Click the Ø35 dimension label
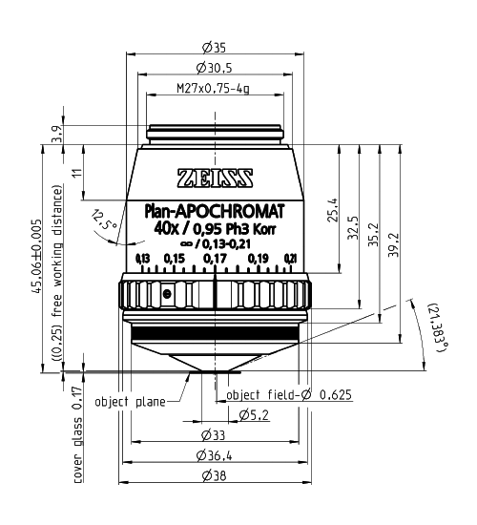[x=214, y=48]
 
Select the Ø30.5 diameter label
[x=214, y=68]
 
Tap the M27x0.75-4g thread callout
[x=213, y=89]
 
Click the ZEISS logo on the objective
[x=215, y=178]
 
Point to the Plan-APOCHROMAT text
[x=215, y=212]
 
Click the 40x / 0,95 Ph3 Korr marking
[x=215, y=229]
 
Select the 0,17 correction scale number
[x=215, y=259]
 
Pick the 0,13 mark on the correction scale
[x=142, y=259]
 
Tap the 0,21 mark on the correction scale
[x=290, y=259]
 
